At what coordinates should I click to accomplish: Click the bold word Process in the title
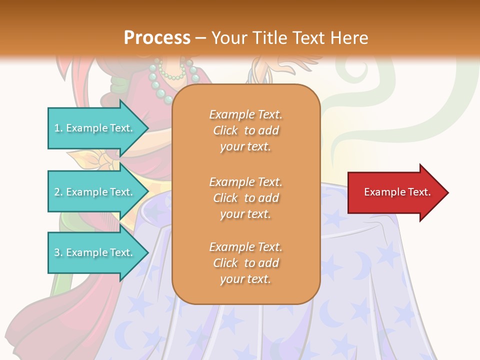(x=157, y=38)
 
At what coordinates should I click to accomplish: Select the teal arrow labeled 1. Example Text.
(x=95, y=128)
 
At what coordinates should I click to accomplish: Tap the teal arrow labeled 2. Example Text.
(x=95, y=192)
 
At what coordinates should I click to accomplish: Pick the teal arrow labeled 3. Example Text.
(x=95, y=252)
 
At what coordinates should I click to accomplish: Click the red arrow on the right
(x=395, y=192)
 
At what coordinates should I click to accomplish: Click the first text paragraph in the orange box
(x=245, y=130)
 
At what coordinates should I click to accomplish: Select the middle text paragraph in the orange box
(x=245, y=198)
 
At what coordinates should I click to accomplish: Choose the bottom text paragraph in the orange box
(x=245, y=263)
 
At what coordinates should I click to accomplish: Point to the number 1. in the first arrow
(x=58, y=128)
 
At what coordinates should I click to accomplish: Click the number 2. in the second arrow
(x=58, y=192)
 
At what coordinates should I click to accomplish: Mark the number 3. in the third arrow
(x=58, y=252)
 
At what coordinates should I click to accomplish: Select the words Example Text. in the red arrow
(x=397, y=192)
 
